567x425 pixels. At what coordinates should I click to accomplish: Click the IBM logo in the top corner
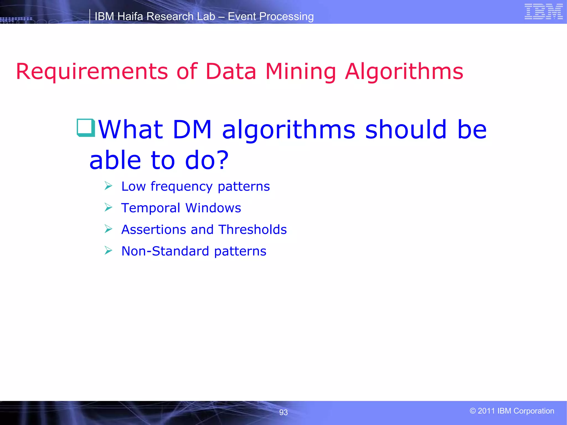[x=543, y=12]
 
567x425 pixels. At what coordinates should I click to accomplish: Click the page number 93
[x=283, y=412]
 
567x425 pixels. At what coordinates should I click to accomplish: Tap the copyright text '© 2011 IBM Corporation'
[x=512, y=411]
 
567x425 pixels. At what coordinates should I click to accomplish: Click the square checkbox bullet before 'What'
[x=86, y=128]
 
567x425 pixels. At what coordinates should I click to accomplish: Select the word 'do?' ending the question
[x=207, y=160]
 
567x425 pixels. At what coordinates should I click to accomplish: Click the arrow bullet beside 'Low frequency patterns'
[x=108, y=186]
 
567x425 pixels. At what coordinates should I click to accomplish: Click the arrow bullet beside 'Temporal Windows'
[x=108, y=207]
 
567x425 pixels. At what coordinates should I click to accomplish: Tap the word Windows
[x=213, y=208]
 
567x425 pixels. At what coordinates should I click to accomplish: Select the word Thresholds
[x=252, y=230]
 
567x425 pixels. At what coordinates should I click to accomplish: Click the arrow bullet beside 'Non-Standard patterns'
[x=108, y=251]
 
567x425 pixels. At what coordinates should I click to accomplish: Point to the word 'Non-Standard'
[x=165, y=251]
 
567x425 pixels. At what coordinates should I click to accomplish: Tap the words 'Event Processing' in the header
[x=270, y=17]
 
